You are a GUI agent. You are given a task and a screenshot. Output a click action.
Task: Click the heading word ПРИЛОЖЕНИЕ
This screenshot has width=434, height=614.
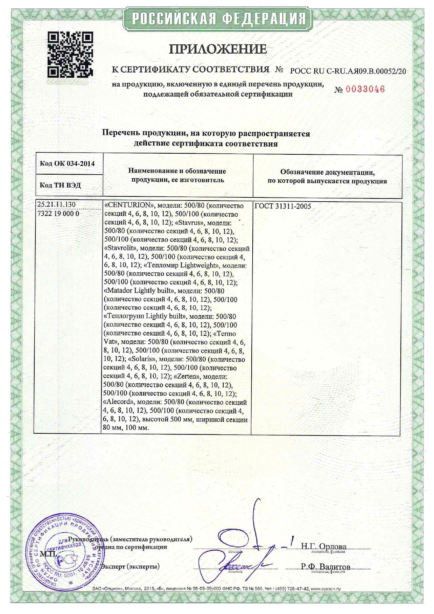[218, 49]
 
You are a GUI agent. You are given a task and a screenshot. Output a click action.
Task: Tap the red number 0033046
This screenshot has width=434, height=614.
[365, 89]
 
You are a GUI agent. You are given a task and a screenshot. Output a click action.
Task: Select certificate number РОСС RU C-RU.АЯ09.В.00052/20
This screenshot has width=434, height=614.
[348, 71]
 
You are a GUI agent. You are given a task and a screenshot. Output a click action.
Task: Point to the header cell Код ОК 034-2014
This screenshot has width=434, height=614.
[67, 163]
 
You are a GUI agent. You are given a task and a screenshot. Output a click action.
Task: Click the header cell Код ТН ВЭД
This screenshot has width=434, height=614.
[60, 185]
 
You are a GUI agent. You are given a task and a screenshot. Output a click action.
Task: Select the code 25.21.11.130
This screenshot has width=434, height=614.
[56, 205]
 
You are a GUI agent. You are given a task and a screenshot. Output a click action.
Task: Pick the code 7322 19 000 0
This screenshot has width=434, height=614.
[58, 213]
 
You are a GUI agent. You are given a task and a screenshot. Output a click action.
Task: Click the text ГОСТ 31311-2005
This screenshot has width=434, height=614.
[283, 206]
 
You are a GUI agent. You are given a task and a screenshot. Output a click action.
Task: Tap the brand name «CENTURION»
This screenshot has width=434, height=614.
[129, 205]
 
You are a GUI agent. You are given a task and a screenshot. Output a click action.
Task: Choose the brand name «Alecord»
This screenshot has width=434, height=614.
[119, 402]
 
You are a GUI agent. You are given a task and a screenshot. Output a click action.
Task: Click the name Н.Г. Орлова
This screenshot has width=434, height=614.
[323, 546]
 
